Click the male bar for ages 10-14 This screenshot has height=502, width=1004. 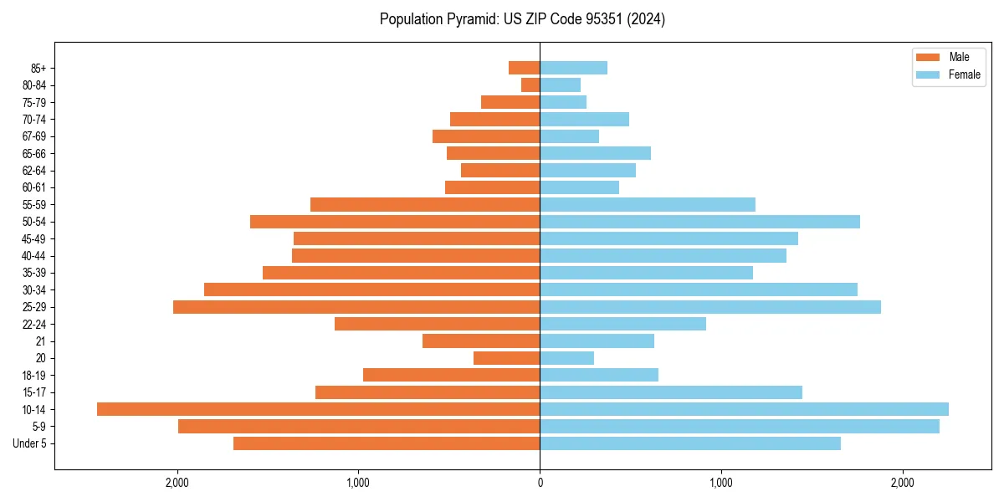click(318, 409)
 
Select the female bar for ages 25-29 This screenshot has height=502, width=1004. click(710, 307)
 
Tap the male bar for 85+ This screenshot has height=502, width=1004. click(524, 68)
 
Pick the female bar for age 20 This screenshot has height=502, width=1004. click(566, 358)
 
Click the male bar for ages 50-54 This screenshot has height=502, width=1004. click(395, 222)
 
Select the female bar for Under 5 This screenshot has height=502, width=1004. click(690, 443)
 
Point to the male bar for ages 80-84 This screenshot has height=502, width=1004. click(530, 85)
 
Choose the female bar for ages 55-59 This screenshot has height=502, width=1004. click(648, 205)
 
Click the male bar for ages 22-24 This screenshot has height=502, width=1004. click(437, 324)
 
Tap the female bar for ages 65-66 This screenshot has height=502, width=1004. click(595, 153)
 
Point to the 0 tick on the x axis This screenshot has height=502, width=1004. click(540, 483)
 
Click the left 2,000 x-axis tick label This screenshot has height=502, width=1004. click(177, 483)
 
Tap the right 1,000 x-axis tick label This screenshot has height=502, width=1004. click(721, 483)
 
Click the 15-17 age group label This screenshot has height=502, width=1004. click(34, 392)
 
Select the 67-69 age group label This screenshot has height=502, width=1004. click(34, 136)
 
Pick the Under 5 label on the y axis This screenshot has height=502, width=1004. click(30, 443)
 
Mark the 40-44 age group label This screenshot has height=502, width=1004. click(34, 256)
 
